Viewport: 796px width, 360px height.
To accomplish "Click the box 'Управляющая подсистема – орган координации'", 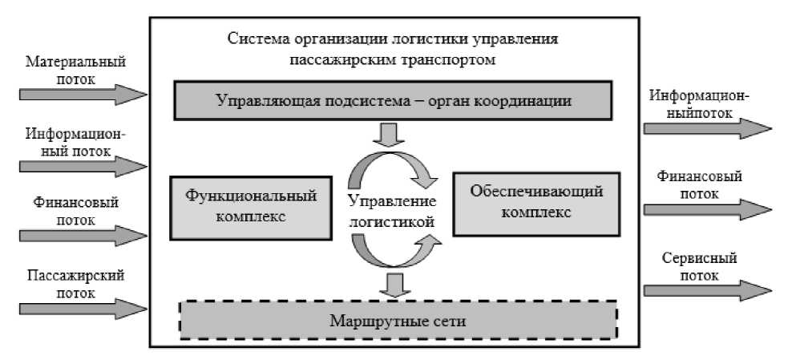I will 394,102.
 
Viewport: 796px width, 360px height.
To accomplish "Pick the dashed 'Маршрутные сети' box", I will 398,321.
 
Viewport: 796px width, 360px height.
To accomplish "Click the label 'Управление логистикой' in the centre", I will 393,210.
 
